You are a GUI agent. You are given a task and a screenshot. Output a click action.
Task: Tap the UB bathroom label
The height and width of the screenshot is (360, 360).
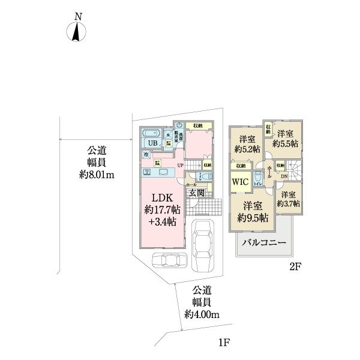point(154,143)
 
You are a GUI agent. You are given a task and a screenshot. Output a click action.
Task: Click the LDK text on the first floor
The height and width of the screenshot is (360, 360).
point(161,199)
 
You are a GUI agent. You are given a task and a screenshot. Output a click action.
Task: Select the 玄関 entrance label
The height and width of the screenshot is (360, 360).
point(197,193)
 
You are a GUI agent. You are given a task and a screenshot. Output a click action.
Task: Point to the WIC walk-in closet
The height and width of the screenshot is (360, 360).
point(240,181)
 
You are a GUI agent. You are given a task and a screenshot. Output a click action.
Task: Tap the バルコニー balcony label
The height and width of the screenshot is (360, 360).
point(264,244)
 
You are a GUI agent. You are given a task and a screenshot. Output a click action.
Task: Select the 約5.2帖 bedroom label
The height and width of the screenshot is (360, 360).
point(246,149)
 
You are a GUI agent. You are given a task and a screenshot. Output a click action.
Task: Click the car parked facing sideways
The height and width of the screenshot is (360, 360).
point(170,260)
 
